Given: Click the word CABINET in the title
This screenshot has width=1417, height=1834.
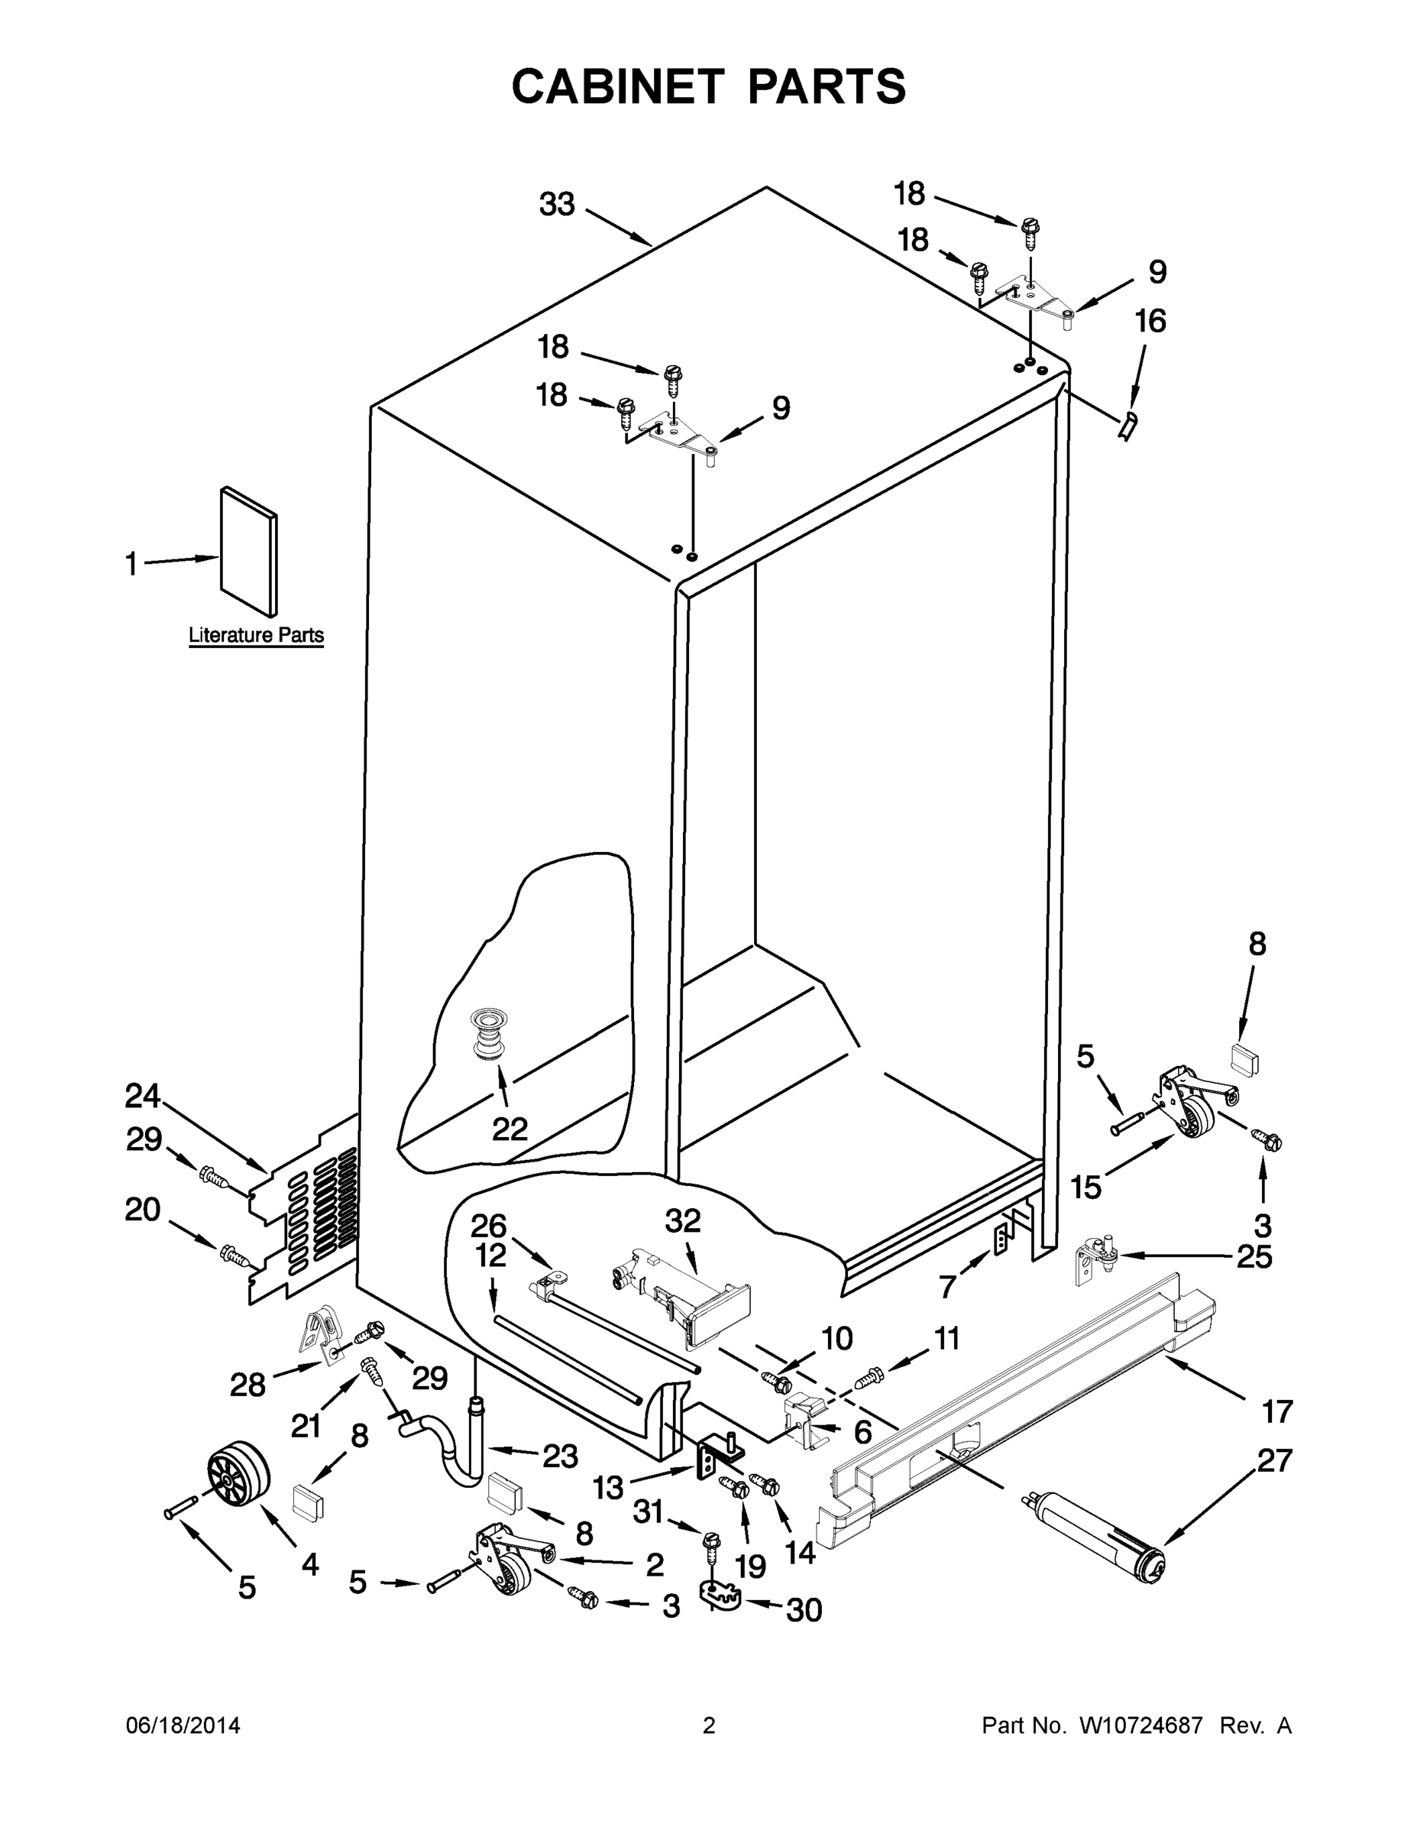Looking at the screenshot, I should pyautogui.click(x=617, y=86).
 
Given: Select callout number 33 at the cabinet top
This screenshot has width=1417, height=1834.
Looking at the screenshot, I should pyautogui.click(x=557, y=204).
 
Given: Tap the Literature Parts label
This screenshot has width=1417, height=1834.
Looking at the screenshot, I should pyautogui.click(x=256, y=635).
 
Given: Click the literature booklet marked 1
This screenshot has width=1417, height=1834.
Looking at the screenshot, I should pyautogui.click(x=248, y=552).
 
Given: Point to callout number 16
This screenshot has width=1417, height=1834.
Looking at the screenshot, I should pyautogui.click(x=1150, y=321).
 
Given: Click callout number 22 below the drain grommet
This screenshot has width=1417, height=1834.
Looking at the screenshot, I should pyautogui.click(x=509, y=1129).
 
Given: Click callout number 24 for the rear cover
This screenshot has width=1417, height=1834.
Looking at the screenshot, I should pyautogui.click(x=143, y=1096).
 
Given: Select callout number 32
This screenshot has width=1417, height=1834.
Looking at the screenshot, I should pyautogui.click(x=682, y=1220).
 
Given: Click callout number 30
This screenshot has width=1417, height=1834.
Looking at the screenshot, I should pyautogui.click(x=804, y=1610).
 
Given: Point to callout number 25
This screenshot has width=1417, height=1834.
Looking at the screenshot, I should pyautogui.click(x=1254, y=1258).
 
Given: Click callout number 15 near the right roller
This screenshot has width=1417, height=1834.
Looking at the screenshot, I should pyautogui.click(x=1086, y=1188).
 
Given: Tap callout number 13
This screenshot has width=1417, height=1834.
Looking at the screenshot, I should pyautogui.click(x=608, y=1487).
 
